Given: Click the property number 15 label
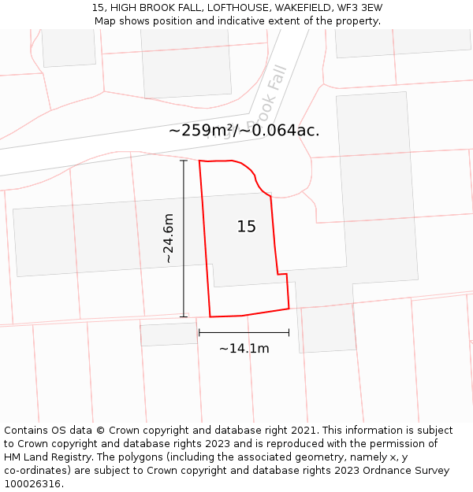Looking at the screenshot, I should pyautogui.click(x=246, y=227).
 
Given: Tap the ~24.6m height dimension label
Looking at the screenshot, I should pyautogui.click(x=168, y=239).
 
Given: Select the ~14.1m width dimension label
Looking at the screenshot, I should pyautogui.click(x=244, y=348).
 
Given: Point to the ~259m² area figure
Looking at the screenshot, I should pyautogui.click(x=202, y=131).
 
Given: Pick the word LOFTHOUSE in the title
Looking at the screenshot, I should pyautogui.click(x=225, y=8).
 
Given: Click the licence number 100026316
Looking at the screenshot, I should pyautogui.click(x=34, y=484).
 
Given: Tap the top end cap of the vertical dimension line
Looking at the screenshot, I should pyautogui.click(x=184, y=161).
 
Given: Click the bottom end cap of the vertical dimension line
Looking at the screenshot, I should pyautogui.click(x=184, y=316).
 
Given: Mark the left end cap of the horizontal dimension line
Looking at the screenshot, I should pyautogui.click(x=199, y=332).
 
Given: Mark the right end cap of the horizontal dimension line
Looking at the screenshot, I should pyautogui.click(x=289, y=332).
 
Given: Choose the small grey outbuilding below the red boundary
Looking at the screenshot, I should pyautogui.click(x=169, y=334).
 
